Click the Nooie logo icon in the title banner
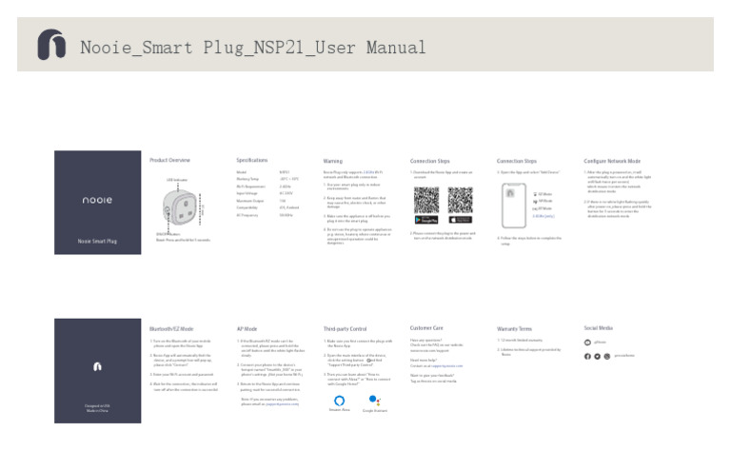point(49,45)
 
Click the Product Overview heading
point(170,161)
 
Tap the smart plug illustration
point(182,206)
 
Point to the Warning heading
point(333,161)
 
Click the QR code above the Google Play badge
point(426,201)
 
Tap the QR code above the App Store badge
point(460,201)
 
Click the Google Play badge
point(426,221)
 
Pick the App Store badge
point(460,221)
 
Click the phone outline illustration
point(514,206)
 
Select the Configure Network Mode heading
point(612,161)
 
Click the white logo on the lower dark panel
point(96,365)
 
